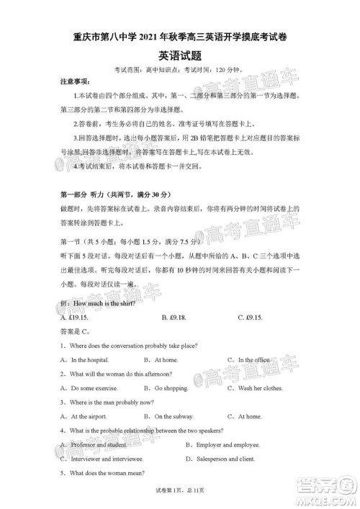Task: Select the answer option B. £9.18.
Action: click(x=174, y=317)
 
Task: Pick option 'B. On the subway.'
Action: click(x=168, y=416)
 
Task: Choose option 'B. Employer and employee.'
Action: click(x=223, y=445)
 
